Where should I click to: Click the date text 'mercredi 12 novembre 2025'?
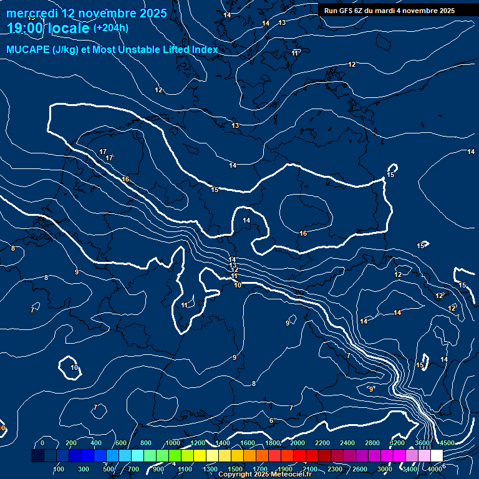(87, 13)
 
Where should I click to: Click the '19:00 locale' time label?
(49, 28)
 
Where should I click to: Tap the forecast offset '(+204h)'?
(111, 28)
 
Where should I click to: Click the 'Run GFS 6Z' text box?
(389, 11)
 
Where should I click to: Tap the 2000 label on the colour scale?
(297, 443)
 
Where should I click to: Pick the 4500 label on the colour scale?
(447, 443)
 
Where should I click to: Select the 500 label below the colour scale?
(109, 469)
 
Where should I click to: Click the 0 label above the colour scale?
(42, 443)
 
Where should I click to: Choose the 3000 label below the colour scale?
(385, 469)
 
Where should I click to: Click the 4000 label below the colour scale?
(435, 469)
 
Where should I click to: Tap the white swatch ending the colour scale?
(437, 456)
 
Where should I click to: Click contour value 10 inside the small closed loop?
(74, 367)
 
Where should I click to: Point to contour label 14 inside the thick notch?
(246, 220)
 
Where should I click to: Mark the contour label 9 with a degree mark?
(371, 389)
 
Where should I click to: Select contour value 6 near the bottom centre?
(271, 420)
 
